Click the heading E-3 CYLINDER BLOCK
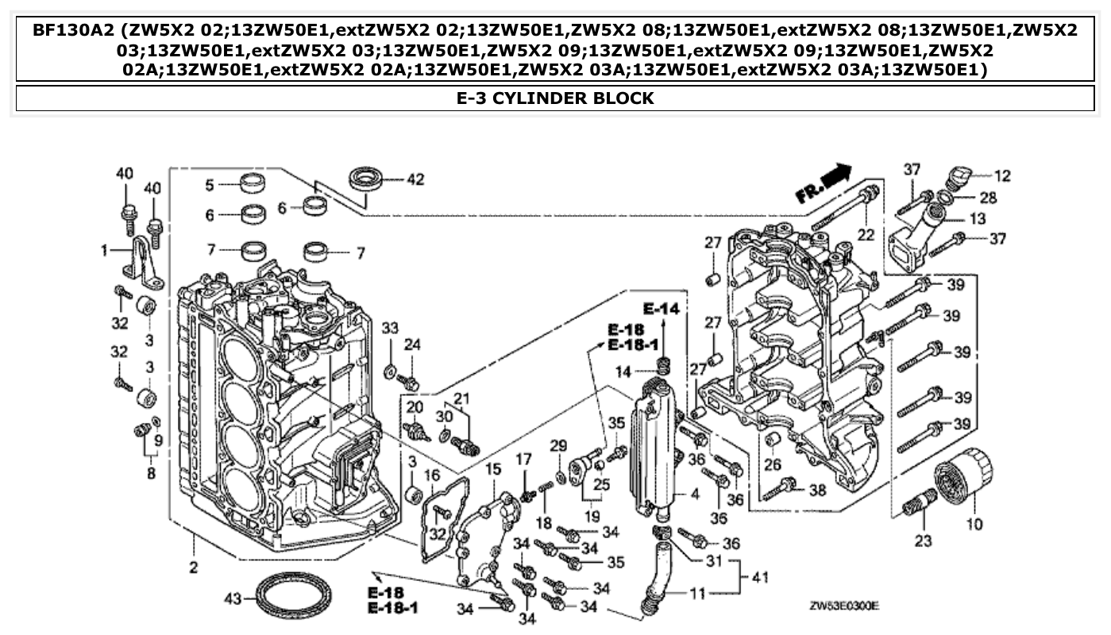pyautogui.click(x=555, y=98)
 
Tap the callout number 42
pyautogui.click(x=415, y=180)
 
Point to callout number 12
pyautogui.click(x=1003, y=174)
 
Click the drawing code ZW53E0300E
pyautogui.click(x=843, y=606)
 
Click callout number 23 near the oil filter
pyautogui.click(x=924, y=543)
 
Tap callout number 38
pyautogui.click(x=817, y=491)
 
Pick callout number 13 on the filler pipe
pyautogui.click(x=978, y=218)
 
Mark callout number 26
pyautogui.click(x=773, y=464)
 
